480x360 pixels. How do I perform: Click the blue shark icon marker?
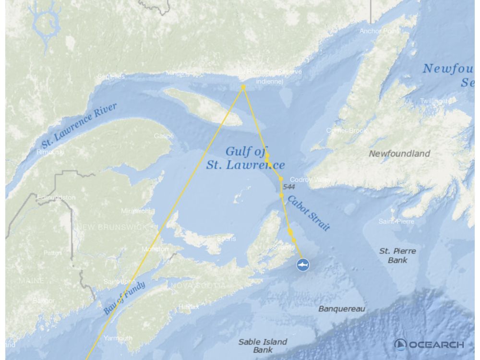coord(303,264)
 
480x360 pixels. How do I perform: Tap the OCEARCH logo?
coord(429,344)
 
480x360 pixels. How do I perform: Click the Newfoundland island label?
coord(399,154)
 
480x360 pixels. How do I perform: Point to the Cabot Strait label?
coord(309,213)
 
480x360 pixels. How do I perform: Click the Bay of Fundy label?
coord(124,298)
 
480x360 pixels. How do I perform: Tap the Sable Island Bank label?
coord(263,346)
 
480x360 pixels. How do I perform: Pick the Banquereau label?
coord(342,309)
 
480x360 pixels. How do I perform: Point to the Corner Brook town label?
coord(347,131)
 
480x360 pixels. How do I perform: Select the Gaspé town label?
coord(164,136)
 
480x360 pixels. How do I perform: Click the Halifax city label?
coord(188,306)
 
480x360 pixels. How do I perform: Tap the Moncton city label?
coord(155,249)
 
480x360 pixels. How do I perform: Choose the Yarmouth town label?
coord(118,338)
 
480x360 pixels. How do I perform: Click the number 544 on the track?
coord(289,187)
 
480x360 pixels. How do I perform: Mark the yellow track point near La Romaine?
coord(243,87)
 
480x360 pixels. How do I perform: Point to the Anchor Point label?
coord(379,31)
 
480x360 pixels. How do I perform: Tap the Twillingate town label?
coord(435,101)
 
